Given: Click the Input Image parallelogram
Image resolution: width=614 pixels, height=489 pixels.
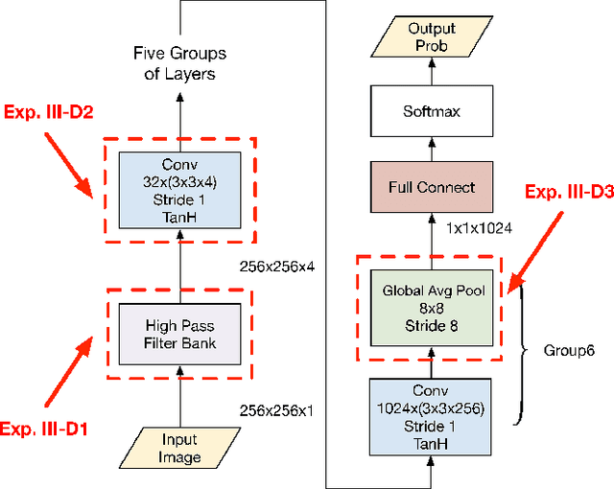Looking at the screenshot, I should (x=179, y=448).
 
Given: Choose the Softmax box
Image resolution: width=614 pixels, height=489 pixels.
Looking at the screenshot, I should (x=432, y=110).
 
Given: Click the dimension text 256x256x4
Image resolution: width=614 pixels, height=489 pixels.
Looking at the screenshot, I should (x=276, y=267).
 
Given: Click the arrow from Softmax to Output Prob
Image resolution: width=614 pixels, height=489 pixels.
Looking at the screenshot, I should (x=432, y=70).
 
